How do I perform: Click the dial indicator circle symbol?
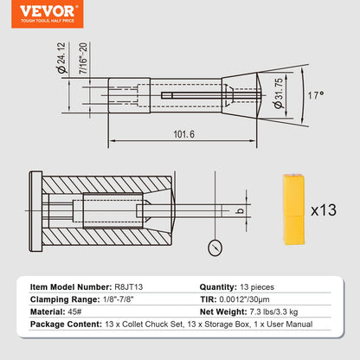(215, 250)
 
